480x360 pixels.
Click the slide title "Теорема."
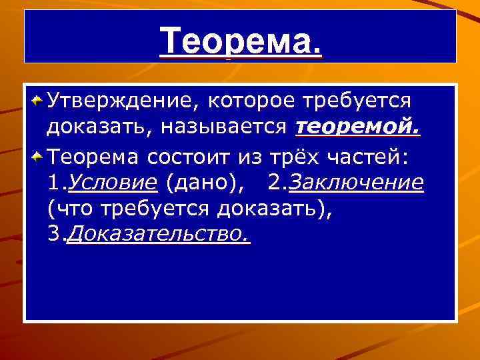pos(241,42)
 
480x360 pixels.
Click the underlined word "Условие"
pos(113,183)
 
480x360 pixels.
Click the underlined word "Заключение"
pos(357,183)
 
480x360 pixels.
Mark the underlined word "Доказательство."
pos(159,237)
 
